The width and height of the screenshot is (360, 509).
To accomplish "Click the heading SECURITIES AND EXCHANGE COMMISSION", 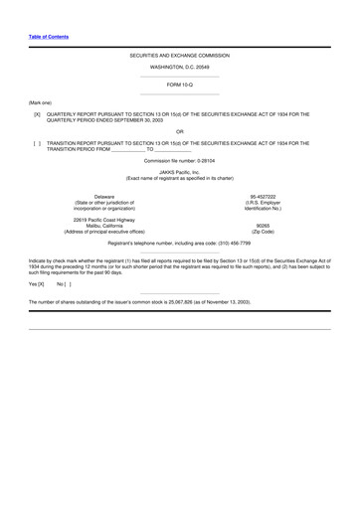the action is click(x=180, y=56).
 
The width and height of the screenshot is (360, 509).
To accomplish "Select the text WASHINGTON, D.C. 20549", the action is click(x=180, y=67).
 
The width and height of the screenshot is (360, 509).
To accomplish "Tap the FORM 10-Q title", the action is click(x=180, y=85).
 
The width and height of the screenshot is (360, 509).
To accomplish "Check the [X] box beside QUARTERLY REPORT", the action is click(x=37, y=114).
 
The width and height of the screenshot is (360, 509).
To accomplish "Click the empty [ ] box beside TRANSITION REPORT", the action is click(x=37, y=143).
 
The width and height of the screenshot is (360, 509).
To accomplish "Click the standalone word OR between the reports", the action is click(x=180, y=131).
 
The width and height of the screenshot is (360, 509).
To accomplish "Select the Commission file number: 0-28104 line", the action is click(x=180, y=161).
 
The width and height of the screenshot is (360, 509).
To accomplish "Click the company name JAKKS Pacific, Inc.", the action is click(x=180, y=173).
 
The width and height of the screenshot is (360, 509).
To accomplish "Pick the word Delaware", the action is click(x=90, y=197).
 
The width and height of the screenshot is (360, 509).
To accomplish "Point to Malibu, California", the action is click(x=90, y=226).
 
